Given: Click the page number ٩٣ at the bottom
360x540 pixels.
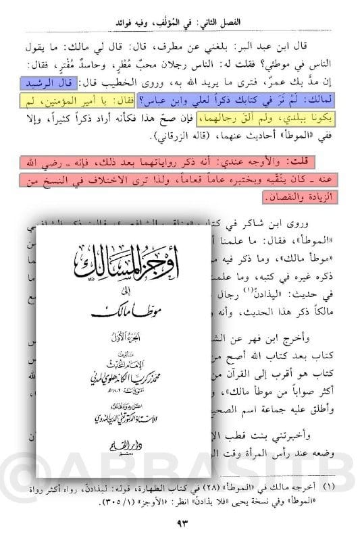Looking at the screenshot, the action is (180, 522).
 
